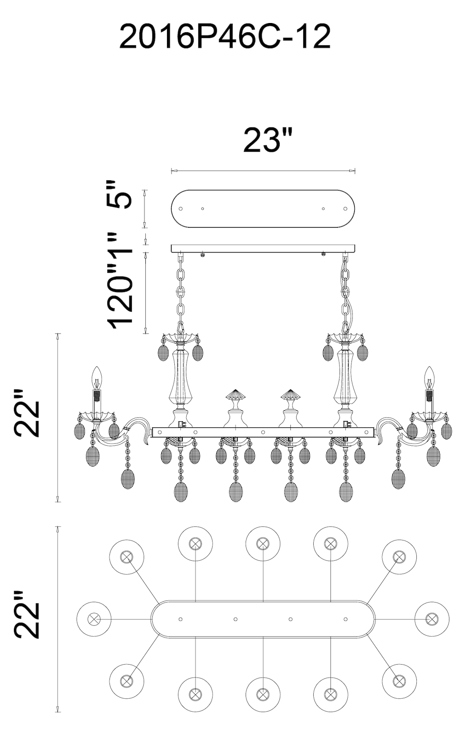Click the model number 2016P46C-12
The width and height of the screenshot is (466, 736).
225,37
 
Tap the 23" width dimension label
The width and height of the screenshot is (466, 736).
268,140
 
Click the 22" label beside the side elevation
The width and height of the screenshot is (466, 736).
28,413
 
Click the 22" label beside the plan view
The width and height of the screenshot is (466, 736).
28,614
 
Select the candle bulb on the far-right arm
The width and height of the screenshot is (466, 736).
429,377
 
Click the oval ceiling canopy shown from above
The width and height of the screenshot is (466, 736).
263,208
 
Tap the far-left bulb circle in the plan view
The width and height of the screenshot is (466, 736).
94,619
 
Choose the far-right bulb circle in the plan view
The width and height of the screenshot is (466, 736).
431,619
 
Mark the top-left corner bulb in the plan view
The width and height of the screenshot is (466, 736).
127,557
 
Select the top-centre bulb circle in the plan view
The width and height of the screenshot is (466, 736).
263,543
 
